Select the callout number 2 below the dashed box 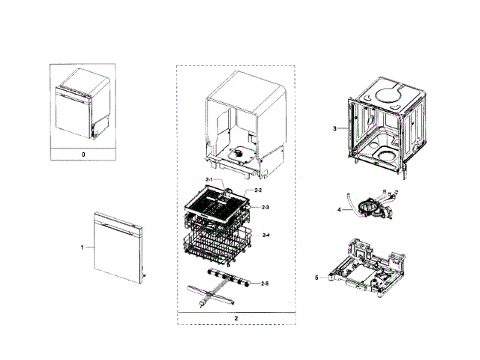tap(235, 318)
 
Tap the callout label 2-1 tap(209, 179)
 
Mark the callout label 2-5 tap(265, 283)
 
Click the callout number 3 tap(334, 128)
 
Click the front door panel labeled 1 tap(116, 247)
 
